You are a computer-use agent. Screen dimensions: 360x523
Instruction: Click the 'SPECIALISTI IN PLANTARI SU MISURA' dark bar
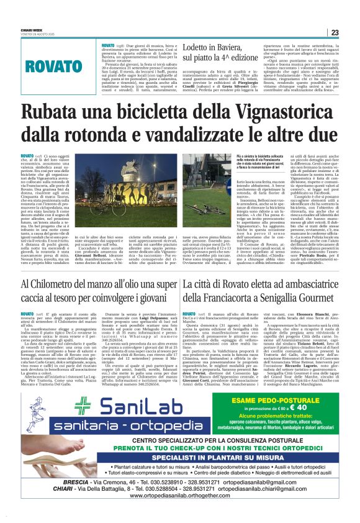tap(180, 454)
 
